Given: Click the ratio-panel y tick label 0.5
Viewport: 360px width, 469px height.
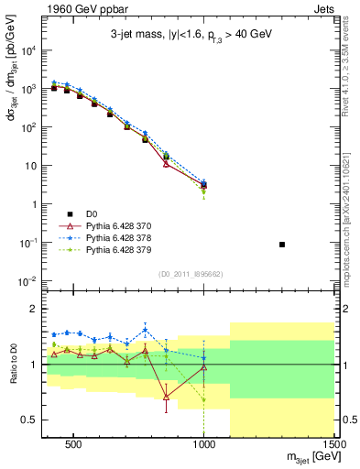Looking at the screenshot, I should point(27,420).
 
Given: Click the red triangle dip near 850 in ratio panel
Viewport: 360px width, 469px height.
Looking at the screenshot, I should point(166,397).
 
